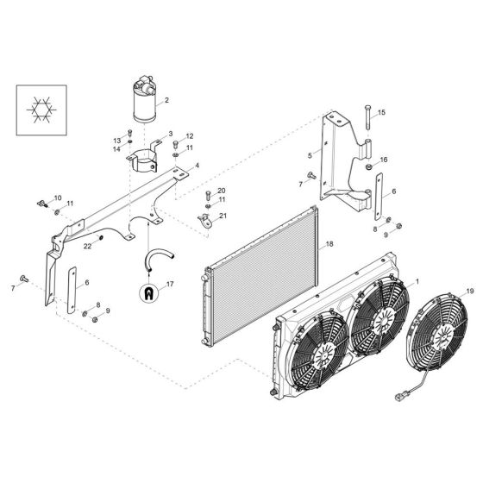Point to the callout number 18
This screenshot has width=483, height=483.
click(328, 244)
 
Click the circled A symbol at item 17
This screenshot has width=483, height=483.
click(150, 292)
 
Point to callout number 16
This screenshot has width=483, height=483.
click(385, 159)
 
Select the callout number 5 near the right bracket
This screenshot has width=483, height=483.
click(309, 155)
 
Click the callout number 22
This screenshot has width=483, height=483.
click(87, 247)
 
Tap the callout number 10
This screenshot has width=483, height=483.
click(58, 198)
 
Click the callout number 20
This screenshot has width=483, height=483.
click(221, 190)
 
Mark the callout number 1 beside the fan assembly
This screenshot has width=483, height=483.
click(418, 281)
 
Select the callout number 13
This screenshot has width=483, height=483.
click(116, 140)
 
